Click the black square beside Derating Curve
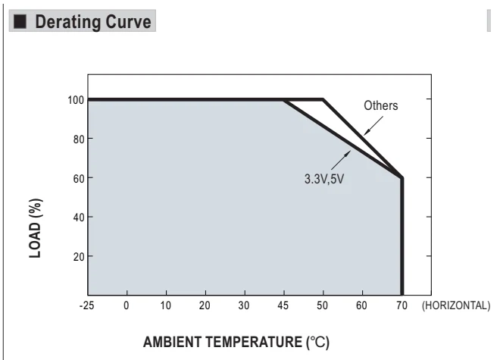tap(20, 22)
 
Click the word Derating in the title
tap(68, 22)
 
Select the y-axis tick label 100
tap(76, 100)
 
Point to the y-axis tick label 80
tap(79, 139)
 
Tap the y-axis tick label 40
tap(79, 218)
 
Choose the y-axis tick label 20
tap(79, 257)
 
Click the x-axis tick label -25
tap(86, 305)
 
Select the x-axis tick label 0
tap(127, 305)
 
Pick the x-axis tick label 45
tap(283, 305)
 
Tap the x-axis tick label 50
tap(323, 305)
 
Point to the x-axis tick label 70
tap(402, 305)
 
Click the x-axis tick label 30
tap(244, 305)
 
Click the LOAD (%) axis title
tap(36, 228)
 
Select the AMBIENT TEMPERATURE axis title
tap(236, 342)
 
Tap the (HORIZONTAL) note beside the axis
tap(456, 305)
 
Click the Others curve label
tap(381, 105)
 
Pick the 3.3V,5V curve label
tap(324, 179)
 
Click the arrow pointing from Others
tap(373, 125)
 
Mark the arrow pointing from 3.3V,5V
tap(341, 160)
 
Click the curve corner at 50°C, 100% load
tap(323, 99)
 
